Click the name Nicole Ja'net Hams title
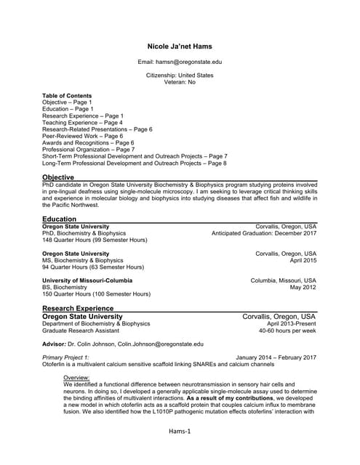(x=179, y=46)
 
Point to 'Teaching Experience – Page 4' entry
(x=82, y=123)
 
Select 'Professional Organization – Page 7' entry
(x=88, y=150)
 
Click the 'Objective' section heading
(x=58, y=177)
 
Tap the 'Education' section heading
(x=59, y=219)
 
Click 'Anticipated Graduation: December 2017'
(x=263, y=233)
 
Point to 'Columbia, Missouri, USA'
(x=283, y=280)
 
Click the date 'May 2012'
(x=303, y=287)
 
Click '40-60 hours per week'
(x=287, y=331)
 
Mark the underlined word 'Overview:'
(x=76, y=378)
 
